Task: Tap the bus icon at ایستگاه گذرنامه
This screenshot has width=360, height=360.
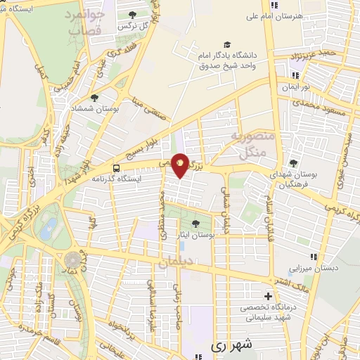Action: tap(116, 169)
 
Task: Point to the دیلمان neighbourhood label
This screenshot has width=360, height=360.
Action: tap(174, 263)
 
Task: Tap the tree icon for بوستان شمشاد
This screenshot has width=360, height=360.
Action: tap(95, 98)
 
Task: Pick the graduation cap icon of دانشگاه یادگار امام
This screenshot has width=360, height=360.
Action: tap(227, 45)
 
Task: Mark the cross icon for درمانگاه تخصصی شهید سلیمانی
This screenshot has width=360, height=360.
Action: tap(267, 296)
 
